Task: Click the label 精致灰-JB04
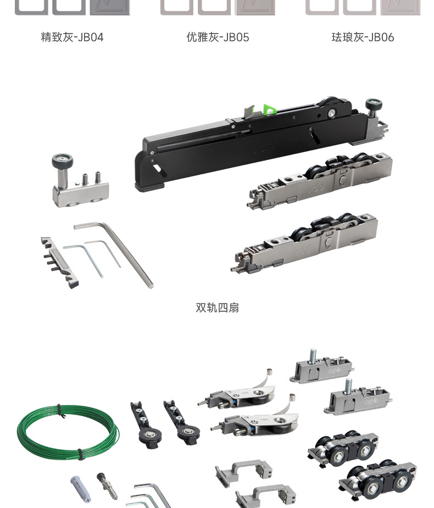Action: click(x=72, y=37)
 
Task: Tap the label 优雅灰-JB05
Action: click(x=218, y=37)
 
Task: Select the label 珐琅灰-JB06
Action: click(x=363, y=37)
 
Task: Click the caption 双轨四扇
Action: click(x=217, y=307)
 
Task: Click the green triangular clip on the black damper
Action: click(x=269, y=109)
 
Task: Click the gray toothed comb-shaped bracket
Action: click(x=59, y=263)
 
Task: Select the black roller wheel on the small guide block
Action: click(x=62, y=161)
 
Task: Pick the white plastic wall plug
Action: click(x=80, y=489)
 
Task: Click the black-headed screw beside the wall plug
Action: click(x=107, y=486)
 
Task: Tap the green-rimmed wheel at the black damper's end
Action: click(x=374, y=105)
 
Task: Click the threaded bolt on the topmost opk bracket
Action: click(x=313, y=356)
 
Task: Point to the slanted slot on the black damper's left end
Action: click(x=157, y=168)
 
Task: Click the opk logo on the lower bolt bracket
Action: click(x=371, y=402)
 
